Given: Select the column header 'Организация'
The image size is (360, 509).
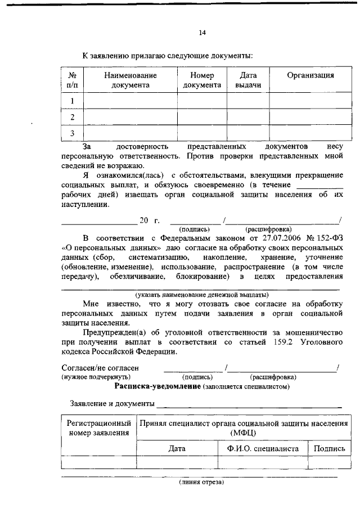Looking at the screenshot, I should [310, 75].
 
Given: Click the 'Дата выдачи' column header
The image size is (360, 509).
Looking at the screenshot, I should [248, 80].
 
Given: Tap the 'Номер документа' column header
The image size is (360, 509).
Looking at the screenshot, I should [202, 80].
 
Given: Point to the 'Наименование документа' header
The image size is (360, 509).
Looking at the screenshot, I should [130, 80].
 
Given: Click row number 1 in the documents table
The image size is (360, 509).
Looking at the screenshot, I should [72, 101].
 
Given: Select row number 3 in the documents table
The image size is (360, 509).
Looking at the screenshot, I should [72, 133].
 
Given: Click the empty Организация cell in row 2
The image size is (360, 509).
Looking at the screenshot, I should [310, 117].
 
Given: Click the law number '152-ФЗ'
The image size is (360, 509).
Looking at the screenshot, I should [331, 237].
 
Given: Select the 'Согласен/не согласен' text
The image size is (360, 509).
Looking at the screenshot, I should [100, 368].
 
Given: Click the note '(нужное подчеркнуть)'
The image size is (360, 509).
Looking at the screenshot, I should [96, 377].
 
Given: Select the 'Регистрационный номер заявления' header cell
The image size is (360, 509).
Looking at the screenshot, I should [98, 427].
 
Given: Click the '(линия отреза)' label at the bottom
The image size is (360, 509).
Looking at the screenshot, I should [201, 482].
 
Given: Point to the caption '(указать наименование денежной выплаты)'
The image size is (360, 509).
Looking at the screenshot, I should [201, 295].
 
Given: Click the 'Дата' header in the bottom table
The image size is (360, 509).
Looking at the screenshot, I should [177, 448].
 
